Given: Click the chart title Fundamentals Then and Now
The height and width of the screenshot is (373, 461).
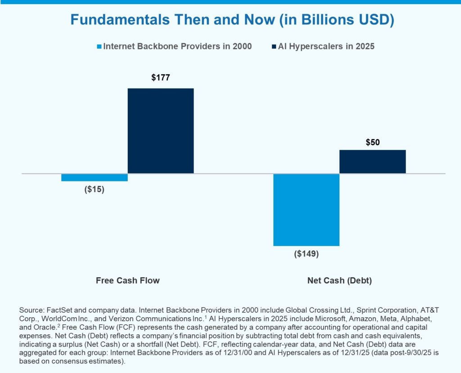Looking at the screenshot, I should pos(230,20).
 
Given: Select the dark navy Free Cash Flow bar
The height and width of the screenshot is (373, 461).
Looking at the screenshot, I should pos(161,130).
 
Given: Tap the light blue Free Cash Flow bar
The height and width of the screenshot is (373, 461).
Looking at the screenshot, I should pos(95,177).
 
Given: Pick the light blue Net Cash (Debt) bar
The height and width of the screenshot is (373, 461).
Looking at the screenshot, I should pos(307,209).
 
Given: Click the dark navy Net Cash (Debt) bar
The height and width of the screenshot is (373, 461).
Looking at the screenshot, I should pos(372,162).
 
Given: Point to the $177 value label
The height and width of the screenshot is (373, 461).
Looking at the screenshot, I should pos(161,78).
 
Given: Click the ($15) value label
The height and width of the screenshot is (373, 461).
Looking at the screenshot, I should pos(95,189).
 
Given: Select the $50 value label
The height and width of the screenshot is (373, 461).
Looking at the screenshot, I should pos(372,143).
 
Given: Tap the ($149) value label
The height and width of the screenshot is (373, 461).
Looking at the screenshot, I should pos(307,254).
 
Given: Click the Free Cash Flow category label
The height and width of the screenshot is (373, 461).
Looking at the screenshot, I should pos(128,280).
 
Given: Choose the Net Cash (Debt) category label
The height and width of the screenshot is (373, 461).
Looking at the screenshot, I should pos(339,280).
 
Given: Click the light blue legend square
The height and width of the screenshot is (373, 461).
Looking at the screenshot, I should pos(99,46).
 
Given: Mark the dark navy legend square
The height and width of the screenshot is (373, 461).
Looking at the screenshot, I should pos(274,46).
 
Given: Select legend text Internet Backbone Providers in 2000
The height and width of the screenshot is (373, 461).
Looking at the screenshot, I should pos(177,46).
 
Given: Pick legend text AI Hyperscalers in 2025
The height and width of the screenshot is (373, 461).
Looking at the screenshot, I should pos(326,46).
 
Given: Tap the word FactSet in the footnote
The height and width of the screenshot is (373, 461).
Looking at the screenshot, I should pos(57,310).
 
